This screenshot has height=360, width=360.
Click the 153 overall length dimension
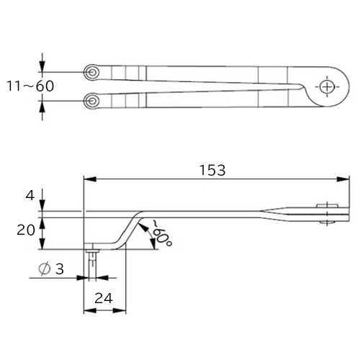pyautogui.click(x=212, y=170)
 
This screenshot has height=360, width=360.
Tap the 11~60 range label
pyautogui.click(x=30, y=86)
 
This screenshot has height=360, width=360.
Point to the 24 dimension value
pyautogui.click(x=104, y=299)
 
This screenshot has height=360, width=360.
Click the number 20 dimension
pyautogui.click(x=26, y=230)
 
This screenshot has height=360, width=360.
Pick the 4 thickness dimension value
pyautogui.click(x=30, y=196)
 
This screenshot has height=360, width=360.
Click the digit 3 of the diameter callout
pyautogui.click(x=60, y=269)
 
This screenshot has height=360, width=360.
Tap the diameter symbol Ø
pyautogui.click(x=45, y=269)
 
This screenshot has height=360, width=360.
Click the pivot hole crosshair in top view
pyautogui.click(x=327, y=86)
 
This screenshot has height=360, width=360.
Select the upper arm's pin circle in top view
pyautogui.click(x=91, y=72)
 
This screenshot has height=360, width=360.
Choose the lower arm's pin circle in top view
pyautogui.click(x=91, y=101)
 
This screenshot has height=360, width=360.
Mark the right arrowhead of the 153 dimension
pyautogui.click(x=343, y=179)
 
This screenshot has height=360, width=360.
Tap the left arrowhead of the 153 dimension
pyautogui.click(x=90, y=179)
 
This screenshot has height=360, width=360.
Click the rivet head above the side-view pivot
pyautogui.click(x=328, y=206)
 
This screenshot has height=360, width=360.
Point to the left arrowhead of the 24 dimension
pyautogui.click(x=90, y=310)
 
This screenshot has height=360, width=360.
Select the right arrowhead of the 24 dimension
pyautogui.click(x=120, y=310)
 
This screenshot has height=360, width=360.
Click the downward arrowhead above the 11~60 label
pyautogui.click(x=42, y=66)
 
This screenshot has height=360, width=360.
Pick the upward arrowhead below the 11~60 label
pyautogui.click(x=42, y=107)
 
